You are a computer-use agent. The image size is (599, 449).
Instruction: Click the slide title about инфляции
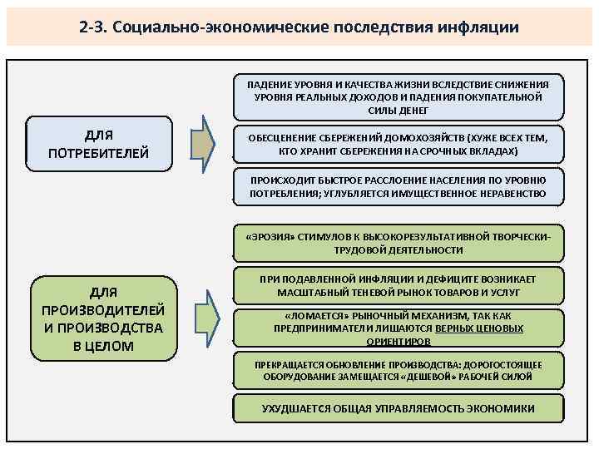point(299,27)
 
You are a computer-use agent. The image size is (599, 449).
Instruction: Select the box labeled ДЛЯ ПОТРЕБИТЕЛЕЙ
point(99,143)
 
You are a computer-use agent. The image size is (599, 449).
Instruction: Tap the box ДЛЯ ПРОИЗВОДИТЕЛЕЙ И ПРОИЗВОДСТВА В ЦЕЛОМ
point(102,316)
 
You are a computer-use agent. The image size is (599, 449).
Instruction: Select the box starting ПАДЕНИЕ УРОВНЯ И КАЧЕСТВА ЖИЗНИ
point(398,96)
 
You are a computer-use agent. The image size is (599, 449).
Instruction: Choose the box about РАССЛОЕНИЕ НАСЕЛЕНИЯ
point(398,187)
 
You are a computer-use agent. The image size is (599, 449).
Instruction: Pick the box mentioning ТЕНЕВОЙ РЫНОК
point(398,285)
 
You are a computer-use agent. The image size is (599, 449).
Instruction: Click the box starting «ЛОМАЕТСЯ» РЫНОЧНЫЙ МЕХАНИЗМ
point(398,328)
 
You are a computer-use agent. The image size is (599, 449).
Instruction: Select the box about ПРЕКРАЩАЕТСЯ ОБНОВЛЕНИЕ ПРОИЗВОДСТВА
point(398,371)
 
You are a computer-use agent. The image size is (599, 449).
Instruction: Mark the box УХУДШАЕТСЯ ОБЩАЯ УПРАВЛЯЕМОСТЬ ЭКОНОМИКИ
point(398,408)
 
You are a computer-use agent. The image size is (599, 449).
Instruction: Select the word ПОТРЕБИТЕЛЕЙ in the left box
point(99,152)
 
